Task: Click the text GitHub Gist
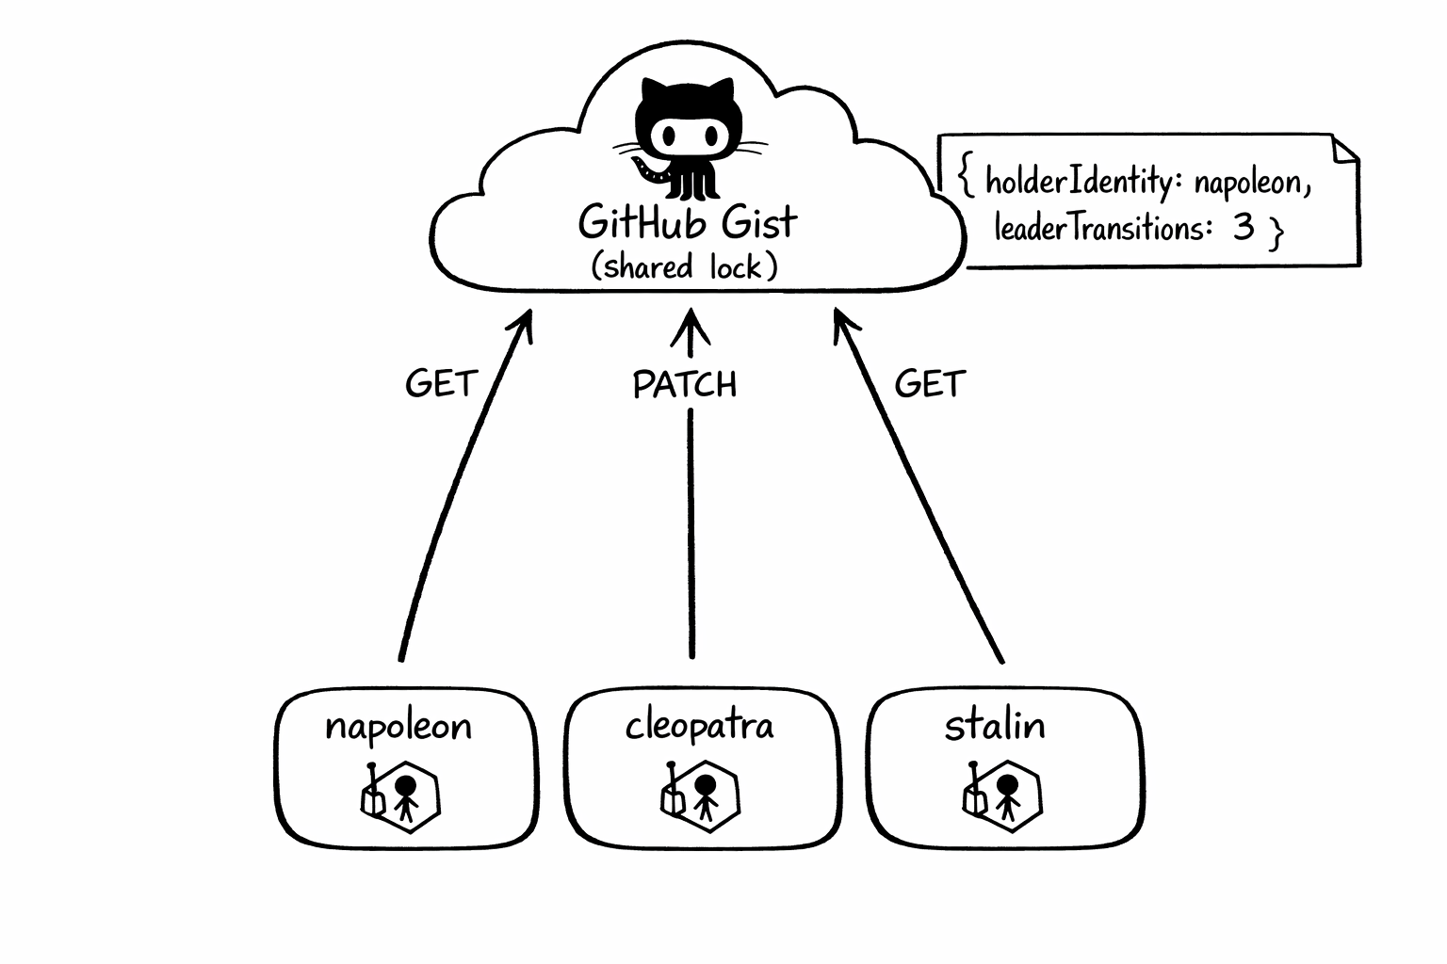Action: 688,223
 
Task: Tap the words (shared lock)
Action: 685,267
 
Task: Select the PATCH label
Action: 685,385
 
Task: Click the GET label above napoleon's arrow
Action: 441,384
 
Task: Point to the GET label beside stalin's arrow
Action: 930,384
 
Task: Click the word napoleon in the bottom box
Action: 398,727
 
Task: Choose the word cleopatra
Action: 700,726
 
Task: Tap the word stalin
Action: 995,726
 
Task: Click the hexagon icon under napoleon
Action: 402,796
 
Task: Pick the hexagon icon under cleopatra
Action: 701,795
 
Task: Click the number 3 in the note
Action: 1244,227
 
